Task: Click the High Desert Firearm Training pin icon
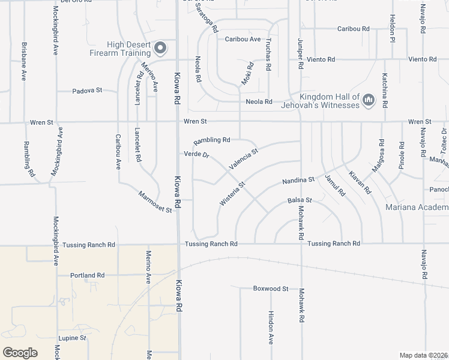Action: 160,47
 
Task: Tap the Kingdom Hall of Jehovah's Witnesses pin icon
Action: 369,99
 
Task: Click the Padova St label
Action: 87,91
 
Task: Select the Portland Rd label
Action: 87,275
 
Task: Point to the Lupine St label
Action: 73,338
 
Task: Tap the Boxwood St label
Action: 271,289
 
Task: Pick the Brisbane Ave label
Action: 24,61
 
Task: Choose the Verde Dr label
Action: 196,154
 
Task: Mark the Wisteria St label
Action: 232,195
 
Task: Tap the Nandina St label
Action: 298,180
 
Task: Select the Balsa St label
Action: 300,200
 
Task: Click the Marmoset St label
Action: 155,202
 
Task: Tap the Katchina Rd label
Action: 385,87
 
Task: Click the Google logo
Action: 20,352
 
